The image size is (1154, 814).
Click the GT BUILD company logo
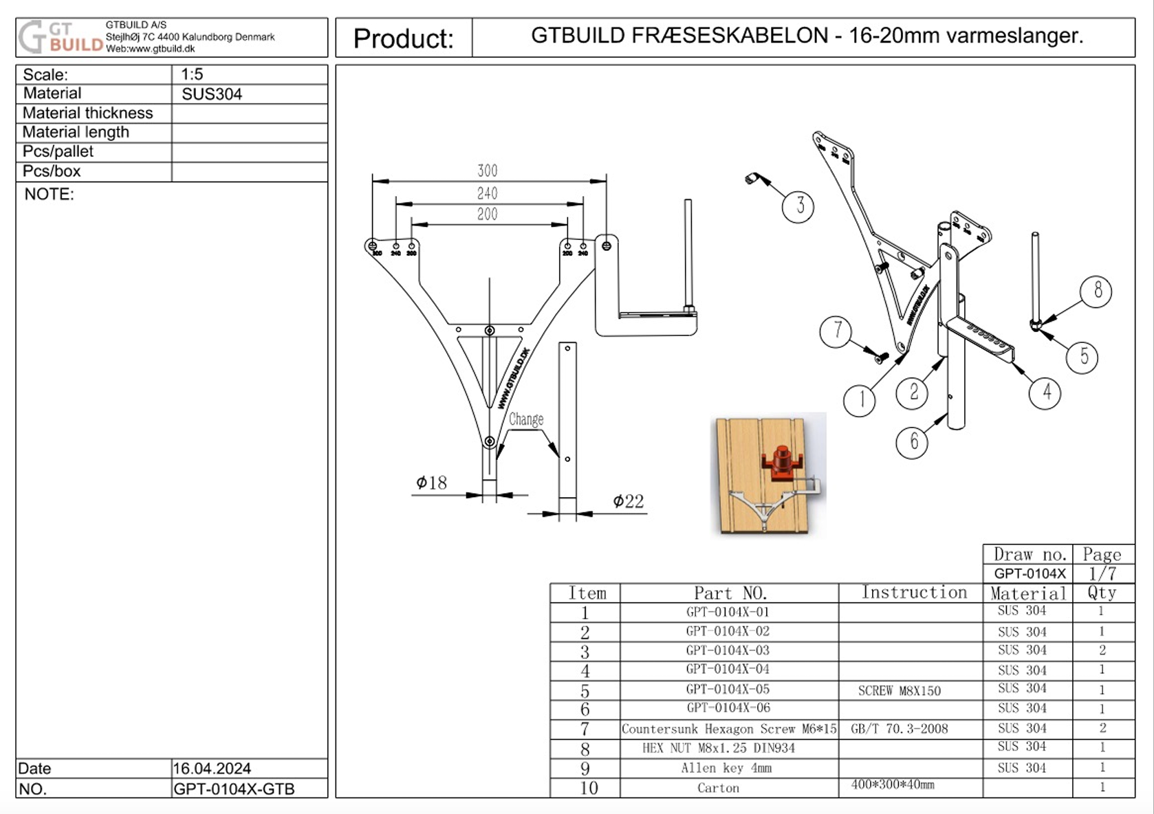tap(61, 37)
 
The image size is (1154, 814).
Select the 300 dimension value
tap(487, 170)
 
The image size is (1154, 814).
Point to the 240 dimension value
tap(487, 194)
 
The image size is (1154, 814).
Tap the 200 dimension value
tap(487, 214)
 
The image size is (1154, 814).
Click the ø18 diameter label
tap(431, 483)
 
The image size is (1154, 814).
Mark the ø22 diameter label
tap(628, 501)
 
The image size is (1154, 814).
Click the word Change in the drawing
tap(526, 419)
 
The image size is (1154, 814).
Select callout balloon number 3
tap(798, 206)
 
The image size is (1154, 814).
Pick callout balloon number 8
tap(1096, 291)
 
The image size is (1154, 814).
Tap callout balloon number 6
tap(913, 441)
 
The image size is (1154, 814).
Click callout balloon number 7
tap(836, 331)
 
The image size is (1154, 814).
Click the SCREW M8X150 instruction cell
tap(899, 691)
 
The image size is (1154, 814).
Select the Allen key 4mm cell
tap(726, 768)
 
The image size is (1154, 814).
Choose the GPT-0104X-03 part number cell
tap(728, 650)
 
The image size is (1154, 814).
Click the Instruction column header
tap(914, 593)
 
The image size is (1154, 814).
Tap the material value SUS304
tap(212, 94)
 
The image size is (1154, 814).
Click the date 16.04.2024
tap(212, 768)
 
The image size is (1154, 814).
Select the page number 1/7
tap(1102, 573)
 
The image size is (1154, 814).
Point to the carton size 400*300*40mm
tap(893, 784)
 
